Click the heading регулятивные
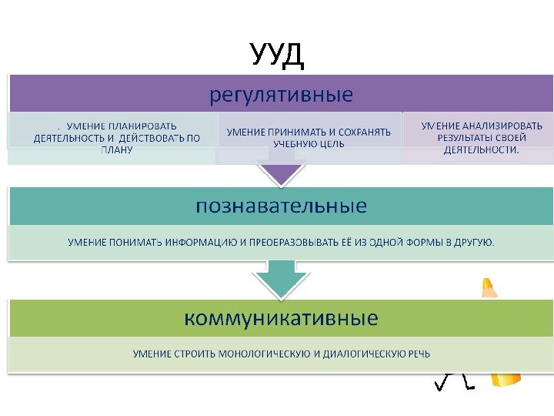coord(282,96)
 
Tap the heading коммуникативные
coord(281,317)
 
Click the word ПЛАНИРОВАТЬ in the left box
coord(143,126)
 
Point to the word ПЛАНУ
coord(116,151)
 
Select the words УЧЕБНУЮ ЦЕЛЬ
coord(309,143)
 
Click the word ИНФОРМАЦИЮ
coord(202,243)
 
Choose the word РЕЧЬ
coord(419,354)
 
